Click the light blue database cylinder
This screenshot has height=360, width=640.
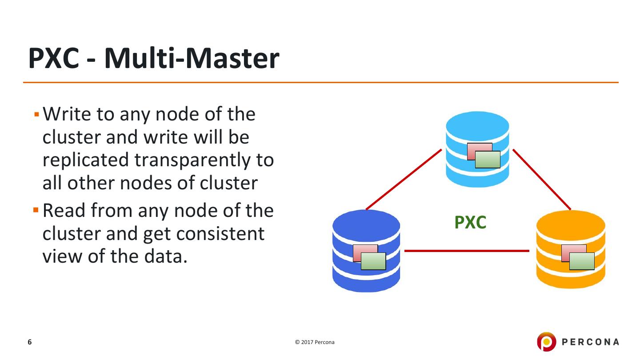tap(477, 129)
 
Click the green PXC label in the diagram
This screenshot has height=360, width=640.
tap(470, 222)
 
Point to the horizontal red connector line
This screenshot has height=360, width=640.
tap(467, 251)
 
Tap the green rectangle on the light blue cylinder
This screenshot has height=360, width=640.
tap(488, 160)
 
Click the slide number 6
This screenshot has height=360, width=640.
tap(30, 342)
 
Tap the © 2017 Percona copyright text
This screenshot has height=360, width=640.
tap(315, 342)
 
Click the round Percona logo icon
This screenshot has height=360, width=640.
tap(546, 342)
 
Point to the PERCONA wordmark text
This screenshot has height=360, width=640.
tap(590, 342)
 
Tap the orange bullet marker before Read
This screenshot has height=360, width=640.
tap(36, 210)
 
